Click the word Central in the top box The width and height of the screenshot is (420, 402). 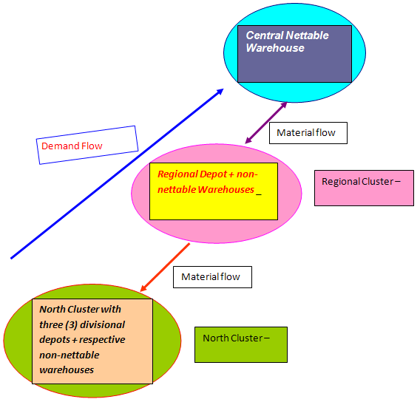(265, 35)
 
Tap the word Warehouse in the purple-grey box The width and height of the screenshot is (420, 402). (275, 48)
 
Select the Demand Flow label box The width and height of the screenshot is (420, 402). (87, 145)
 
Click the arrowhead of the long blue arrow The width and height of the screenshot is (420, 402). (220, 92)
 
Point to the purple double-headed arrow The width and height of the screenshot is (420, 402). (266, 123)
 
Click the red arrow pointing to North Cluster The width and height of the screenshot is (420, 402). (165, 267)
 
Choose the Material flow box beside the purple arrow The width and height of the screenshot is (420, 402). (308, 133)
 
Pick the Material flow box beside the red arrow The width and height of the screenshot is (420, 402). (212, 277)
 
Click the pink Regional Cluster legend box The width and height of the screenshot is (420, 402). (364, 188)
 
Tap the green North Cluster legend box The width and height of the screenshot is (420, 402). (241, 344)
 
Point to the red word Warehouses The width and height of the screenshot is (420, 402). (226, 189)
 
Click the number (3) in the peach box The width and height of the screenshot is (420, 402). (71, 324)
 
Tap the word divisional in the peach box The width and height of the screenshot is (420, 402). (103, 324)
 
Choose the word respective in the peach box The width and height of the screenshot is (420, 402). (102, 340)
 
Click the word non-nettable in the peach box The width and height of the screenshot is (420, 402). (70, 355)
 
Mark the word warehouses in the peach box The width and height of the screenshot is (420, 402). (67, 370)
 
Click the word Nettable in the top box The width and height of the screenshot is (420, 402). (307, 35)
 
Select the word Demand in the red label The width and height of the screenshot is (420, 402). (61, 146)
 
